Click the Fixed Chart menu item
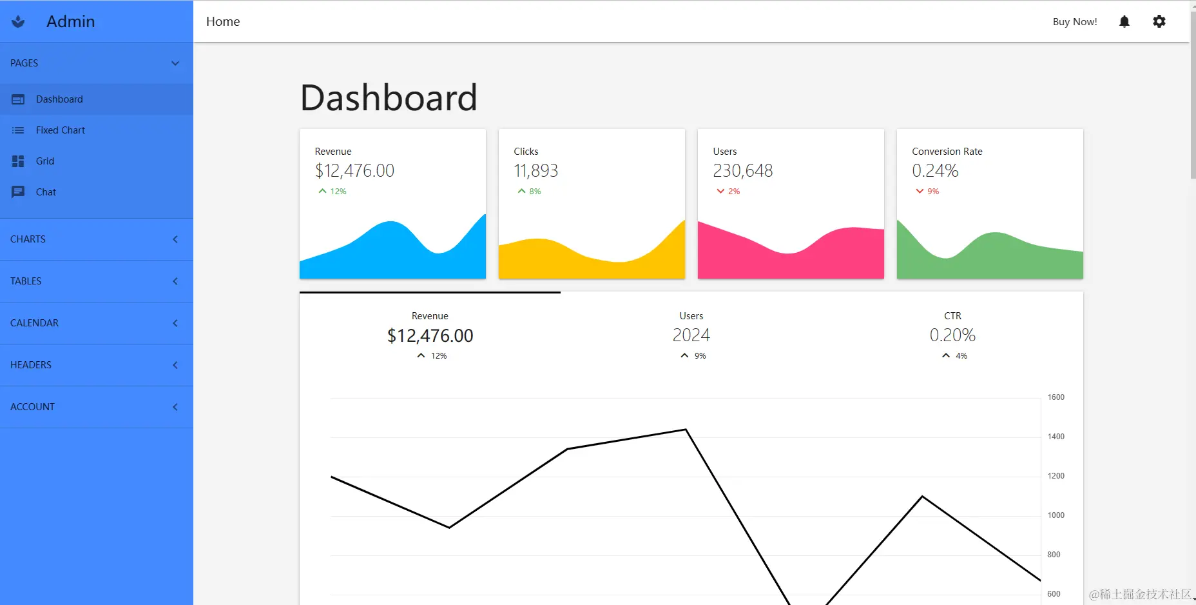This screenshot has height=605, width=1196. pyautogui.click(x=60, y=130)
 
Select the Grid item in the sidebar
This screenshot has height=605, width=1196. pyautogui.click(x=44, y=161)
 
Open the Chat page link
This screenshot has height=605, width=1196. pyautogui.click(x=46, y=192)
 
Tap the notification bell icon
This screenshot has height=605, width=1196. pyautogui.click(x=1124, y=22)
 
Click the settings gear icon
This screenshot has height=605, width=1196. pyautogui.click(x=1159, y=22)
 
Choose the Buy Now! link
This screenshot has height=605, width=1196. pyautogui.click(x=1075, y=22)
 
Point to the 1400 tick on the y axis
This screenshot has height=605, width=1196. pyautogui.click(x=1056, y=437)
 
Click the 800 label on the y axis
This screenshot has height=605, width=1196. pyautogui.click(x=1054, y=555)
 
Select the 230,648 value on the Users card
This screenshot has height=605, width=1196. pyautogui.click(x=742, y=171)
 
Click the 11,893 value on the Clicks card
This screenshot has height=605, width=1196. pyautogui.click(x=535, y=171)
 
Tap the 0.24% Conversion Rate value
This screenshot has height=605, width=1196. pyautogui.click(x=935, y=171)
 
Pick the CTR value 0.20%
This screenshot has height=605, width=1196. pyautogui.click(x=952, y=335)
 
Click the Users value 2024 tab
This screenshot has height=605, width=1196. pyautogui.click(x=691, y=335)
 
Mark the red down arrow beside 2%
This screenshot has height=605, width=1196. pyautogui.click(x=720, y=192)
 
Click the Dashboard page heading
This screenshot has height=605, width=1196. pyautogui.click(x=389, y=98)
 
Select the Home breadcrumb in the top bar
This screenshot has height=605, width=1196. pyautogui.click(x=223, y=22)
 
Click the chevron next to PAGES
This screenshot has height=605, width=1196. pyautogui.click(x=175, y=63)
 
